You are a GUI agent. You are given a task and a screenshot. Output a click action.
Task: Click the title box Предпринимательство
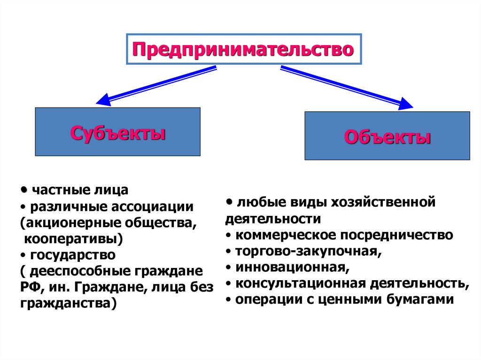[x=243, y=49]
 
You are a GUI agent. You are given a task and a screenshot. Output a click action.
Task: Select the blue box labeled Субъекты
[x=117, y=132]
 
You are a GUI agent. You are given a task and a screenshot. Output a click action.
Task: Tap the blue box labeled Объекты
[x=387, y=136]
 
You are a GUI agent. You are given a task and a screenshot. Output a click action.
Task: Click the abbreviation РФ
[x=30, y=287]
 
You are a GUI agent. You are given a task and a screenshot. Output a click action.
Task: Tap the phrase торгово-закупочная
[x=309, y=252]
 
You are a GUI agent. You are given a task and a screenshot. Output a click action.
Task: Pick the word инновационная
[x=293, y=268]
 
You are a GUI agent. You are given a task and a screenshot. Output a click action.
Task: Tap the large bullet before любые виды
[x=229, y=201]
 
